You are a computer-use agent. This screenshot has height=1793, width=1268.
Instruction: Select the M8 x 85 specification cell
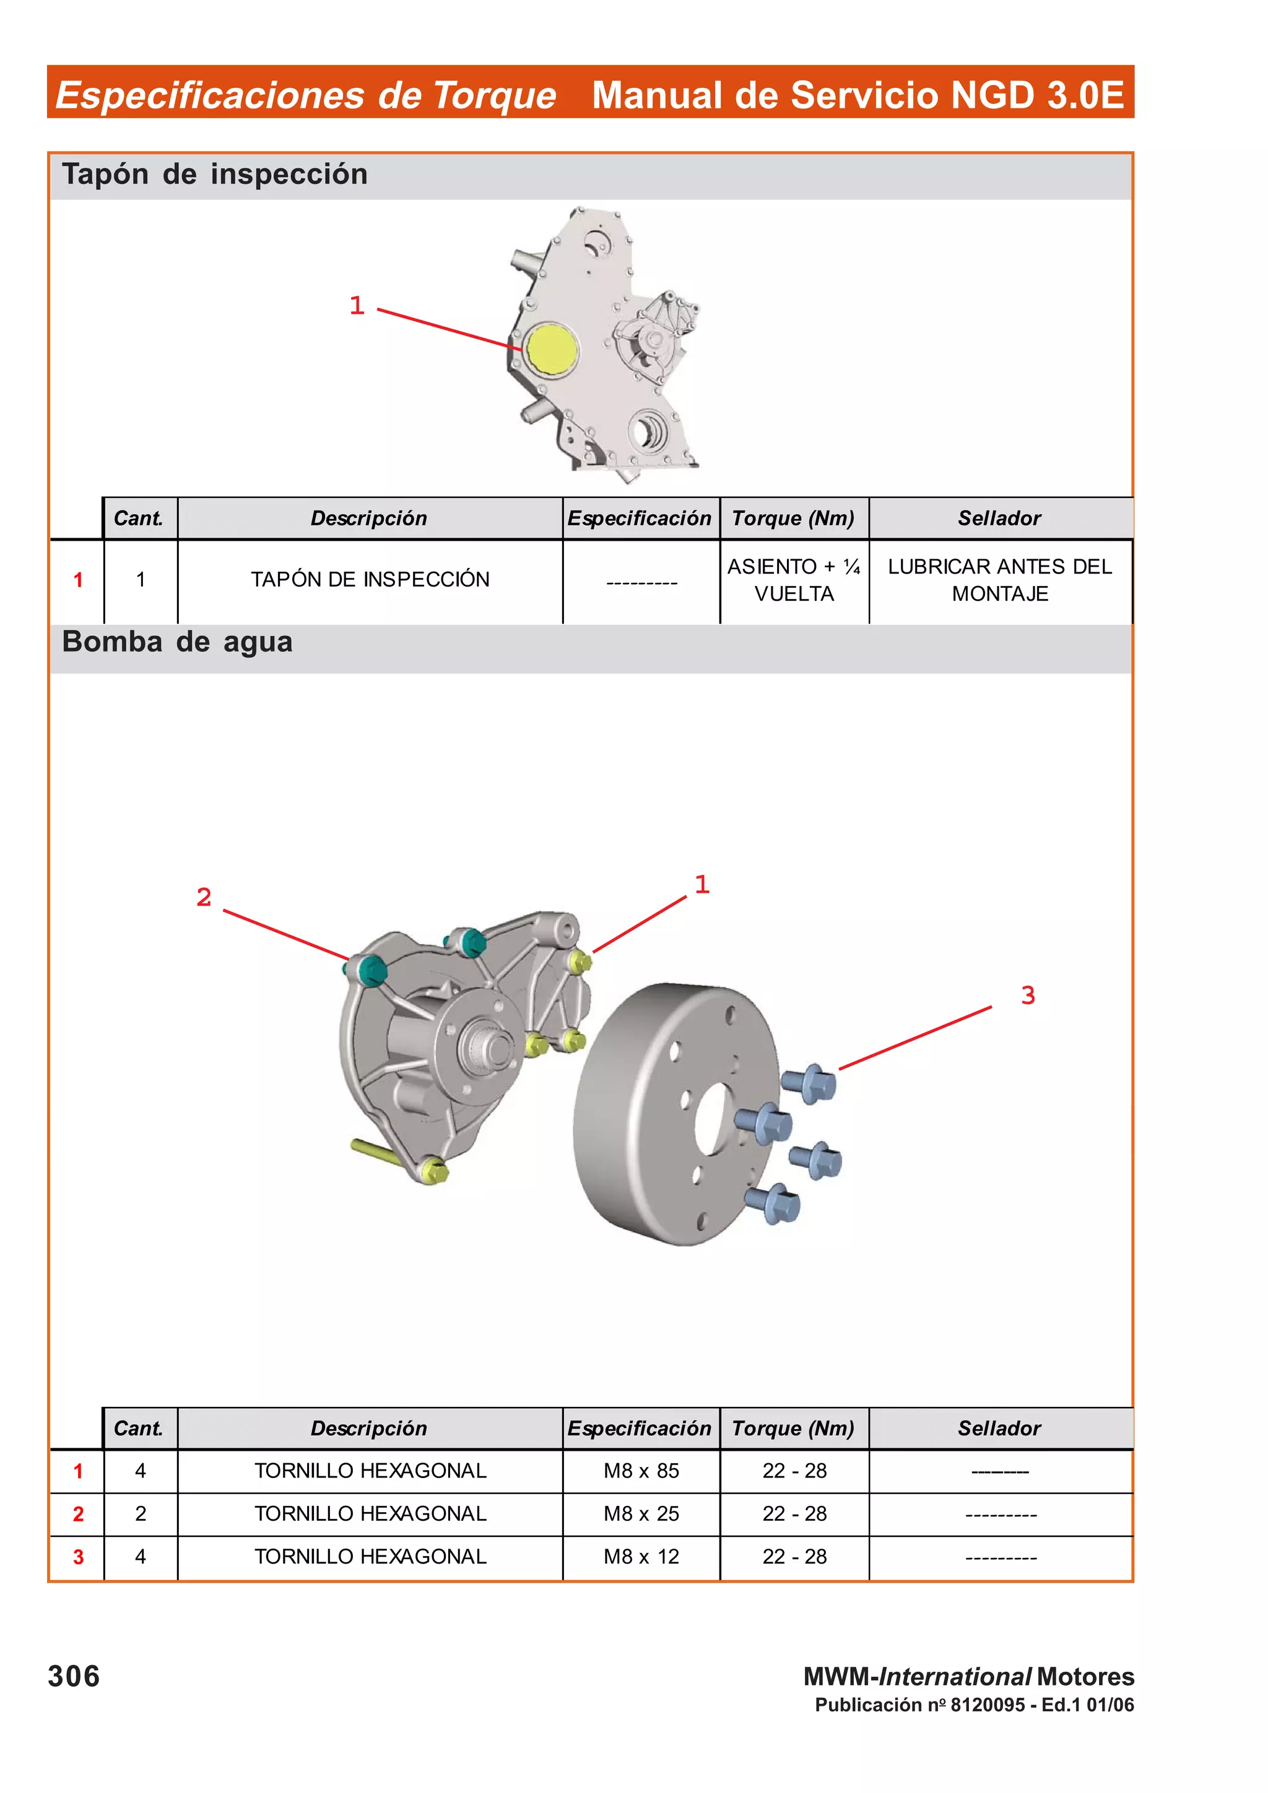tap(641, 1471)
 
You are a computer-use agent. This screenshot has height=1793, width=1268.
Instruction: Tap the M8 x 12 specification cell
tap(641, 1557)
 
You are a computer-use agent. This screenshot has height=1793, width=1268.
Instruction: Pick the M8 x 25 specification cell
tap(641, 1513)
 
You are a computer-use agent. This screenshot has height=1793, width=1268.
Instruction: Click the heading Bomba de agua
tap(177, 642)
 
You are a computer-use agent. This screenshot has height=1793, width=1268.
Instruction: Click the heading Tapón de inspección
tap(215, 174)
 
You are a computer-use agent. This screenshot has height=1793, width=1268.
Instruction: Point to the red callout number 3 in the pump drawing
tap(1027, 995)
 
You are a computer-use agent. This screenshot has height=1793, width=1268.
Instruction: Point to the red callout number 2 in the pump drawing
tap(204, 897)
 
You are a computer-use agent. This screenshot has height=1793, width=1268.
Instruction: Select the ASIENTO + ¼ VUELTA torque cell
tap(794, 580)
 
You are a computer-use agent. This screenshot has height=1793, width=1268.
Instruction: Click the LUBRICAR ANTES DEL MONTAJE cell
tap(999, 580)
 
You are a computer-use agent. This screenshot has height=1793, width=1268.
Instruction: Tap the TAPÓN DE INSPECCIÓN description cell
tap(370, 580)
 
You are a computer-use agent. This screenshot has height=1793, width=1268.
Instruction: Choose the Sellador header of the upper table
tap(999, 518)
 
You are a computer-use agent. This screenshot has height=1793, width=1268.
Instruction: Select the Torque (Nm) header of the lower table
tap(793, 1429)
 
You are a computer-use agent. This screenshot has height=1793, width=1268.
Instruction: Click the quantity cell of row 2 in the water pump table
tap(141, 1513)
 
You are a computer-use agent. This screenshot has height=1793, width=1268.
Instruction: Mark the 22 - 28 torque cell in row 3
tap(794, 1557)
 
